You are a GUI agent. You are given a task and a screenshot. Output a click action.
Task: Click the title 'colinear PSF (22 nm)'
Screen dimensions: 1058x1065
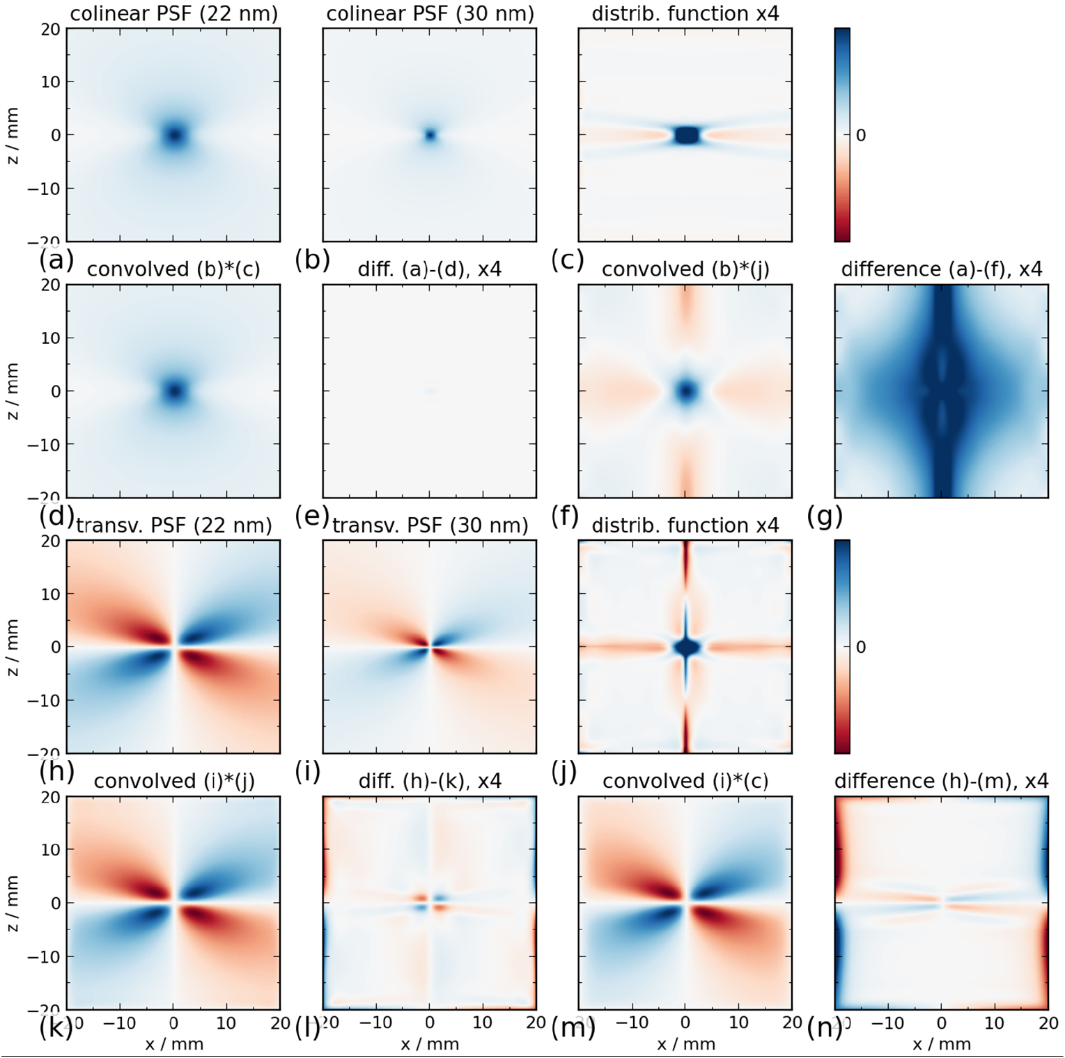click(x=173, y=14)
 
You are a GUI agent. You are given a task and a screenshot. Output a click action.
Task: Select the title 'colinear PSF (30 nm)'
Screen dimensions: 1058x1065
click(x=430, y=14)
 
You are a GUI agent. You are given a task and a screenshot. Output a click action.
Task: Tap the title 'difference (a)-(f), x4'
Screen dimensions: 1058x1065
click(x=941, y=269)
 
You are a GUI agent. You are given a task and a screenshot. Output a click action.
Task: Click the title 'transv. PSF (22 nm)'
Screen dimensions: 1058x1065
click(x=173, y=526)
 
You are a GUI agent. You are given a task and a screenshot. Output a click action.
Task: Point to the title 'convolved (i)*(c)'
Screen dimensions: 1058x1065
click(x=685, y=781)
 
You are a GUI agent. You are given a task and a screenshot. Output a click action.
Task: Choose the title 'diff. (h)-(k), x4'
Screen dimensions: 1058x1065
click(x=430, y=781)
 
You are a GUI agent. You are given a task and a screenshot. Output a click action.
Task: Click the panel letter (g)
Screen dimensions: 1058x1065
click(x=825, y=516)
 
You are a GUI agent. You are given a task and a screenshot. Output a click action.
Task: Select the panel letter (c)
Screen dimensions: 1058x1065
click(x=568, y=260)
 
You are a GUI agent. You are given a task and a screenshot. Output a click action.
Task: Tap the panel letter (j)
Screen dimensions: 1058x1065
click(x=568, y=772)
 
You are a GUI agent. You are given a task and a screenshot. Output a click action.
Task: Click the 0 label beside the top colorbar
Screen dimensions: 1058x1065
click(x=861, y=136)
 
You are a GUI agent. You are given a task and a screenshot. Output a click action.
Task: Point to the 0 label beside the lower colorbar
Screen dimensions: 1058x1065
click(x=861, y=647)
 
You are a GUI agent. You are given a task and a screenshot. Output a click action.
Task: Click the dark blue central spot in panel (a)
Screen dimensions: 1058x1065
click(x=173, y=135)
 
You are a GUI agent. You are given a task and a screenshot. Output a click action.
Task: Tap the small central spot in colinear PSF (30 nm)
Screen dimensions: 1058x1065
click(x=430, y=135)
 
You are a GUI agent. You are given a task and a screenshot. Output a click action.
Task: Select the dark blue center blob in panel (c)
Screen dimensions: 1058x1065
click(x=686, y=135)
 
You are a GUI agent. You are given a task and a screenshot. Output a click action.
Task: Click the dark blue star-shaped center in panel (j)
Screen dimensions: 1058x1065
click(x=686, y=647)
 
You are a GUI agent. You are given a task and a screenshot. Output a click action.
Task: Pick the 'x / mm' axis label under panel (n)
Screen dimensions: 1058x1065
click(x=941, y=1044)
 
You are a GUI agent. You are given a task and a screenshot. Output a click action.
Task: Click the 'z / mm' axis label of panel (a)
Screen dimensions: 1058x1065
click(x=12, y=135)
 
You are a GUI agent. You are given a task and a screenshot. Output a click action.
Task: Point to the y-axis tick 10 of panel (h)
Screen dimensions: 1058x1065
click(x=53, y=594)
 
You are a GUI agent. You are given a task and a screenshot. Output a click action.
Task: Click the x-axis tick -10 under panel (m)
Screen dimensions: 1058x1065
click(x=632, y=1023)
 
